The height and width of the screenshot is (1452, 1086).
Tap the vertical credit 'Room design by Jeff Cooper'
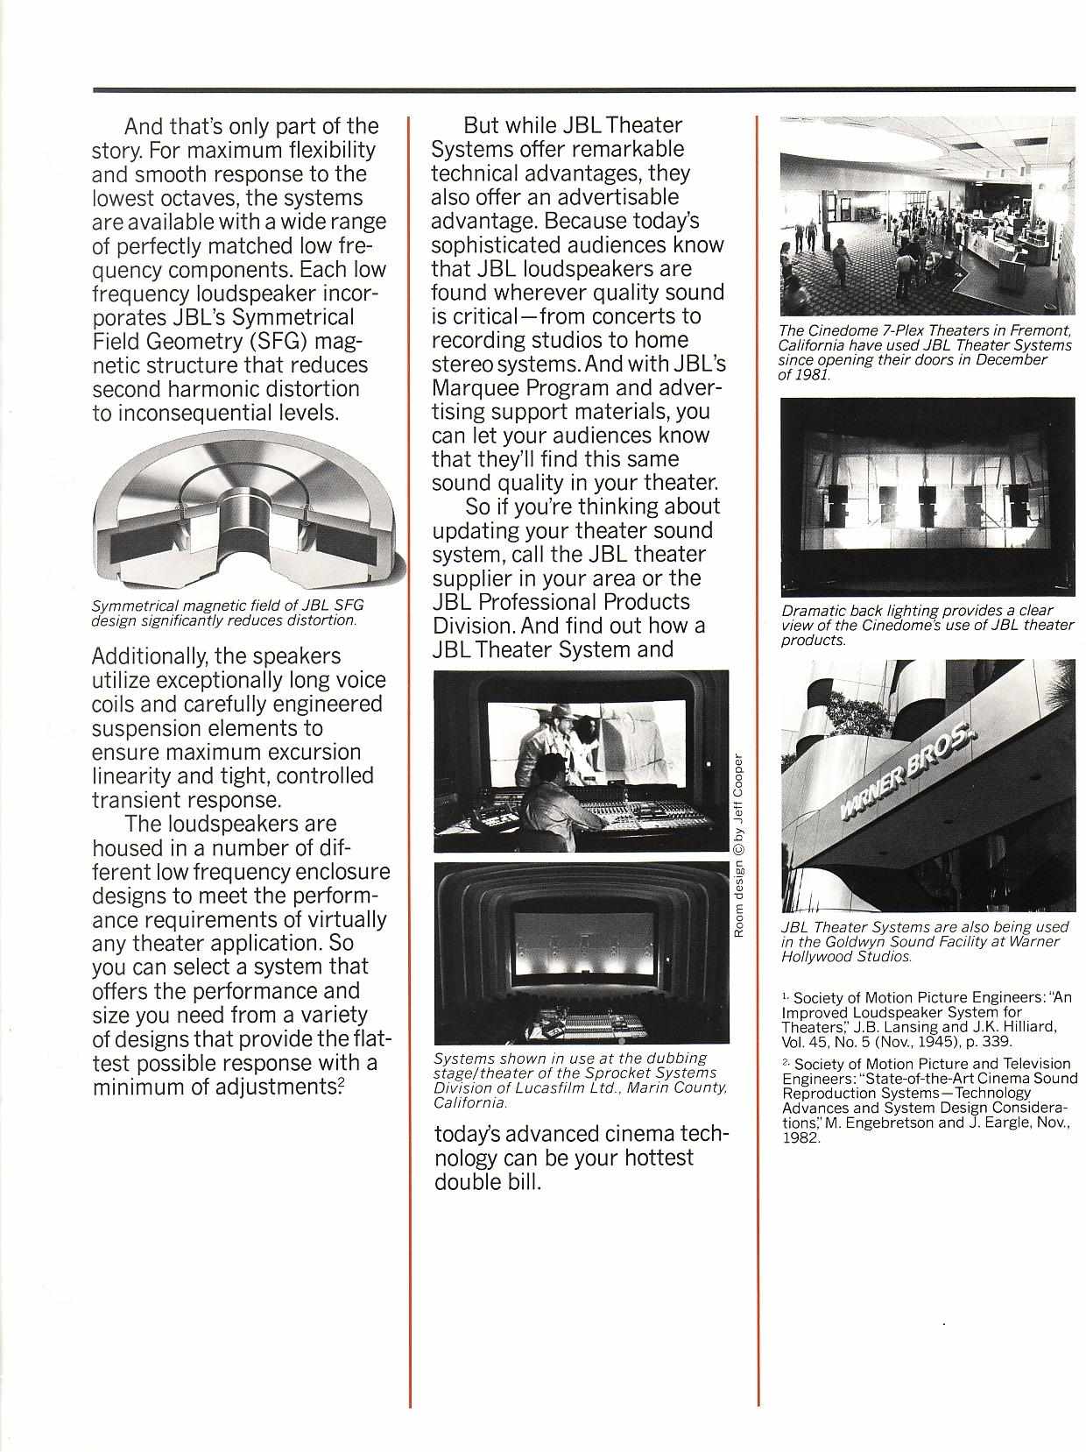pos(738,845)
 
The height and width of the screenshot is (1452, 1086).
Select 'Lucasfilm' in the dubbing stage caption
pos(557,1088)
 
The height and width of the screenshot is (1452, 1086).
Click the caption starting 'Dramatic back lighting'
pos(927,625)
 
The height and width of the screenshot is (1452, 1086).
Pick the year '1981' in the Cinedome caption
pos(812,374)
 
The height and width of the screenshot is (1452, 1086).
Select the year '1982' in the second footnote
pos(800,1138)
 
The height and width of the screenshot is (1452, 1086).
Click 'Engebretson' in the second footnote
pos(883,1123)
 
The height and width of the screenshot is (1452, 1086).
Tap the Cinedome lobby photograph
pos(927,216)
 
